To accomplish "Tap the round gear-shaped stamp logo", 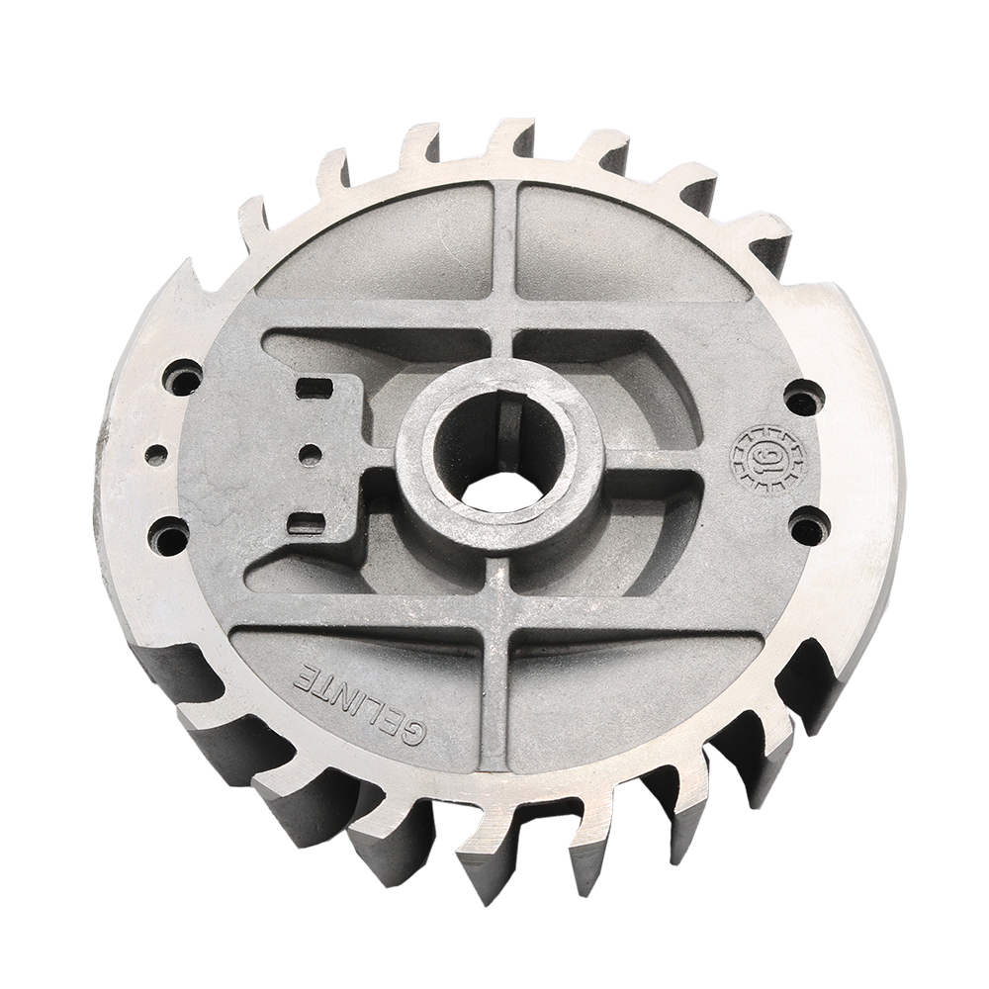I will point(766,458).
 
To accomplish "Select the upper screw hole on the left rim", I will point(183,377).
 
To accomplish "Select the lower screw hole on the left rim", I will point(169,536).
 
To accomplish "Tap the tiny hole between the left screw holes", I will point(156,456).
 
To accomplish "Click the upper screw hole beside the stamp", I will point(803,398).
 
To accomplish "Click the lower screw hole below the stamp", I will point(809,525).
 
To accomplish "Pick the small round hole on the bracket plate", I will point(311,455).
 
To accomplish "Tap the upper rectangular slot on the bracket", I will point(314,388).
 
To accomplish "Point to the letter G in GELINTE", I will point(414,733).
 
